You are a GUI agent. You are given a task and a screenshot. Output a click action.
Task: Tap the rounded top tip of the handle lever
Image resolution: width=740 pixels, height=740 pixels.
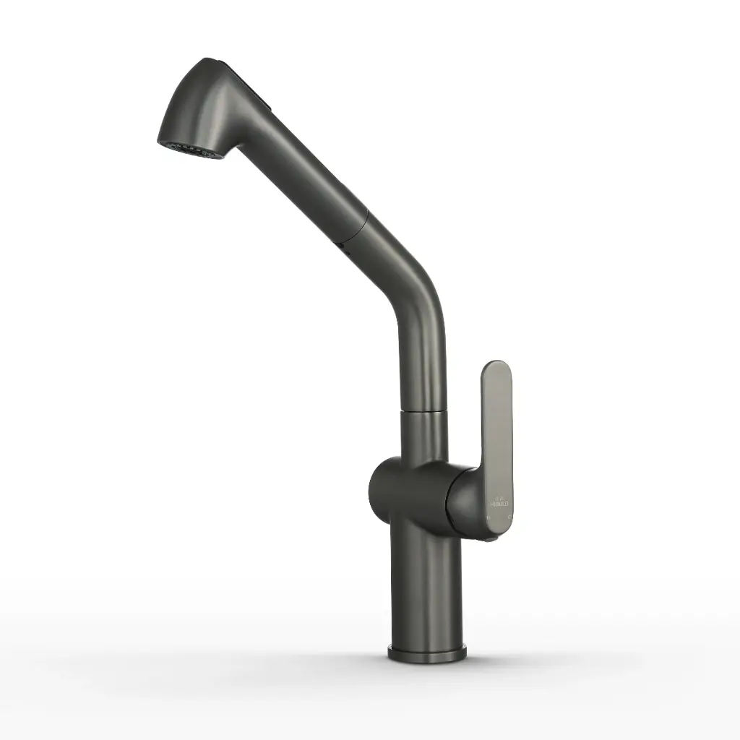[x=497, y=369]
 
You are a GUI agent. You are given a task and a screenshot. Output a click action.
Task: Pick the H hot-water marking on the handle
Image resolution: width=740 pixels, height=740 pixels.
[x=489, y=518]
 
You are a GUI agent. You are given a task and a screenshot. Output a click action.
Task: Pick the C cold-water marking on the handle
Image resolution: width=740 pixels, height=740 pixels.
[x=510, y=517]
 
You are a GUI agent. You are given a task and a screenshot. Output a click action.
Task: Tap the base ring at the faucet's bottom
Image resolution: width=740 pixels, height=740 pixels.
[x=426, y=655]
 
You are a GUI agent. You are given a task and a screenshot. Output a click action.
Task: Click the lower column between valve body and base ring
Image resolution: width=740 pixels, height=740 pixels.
[x=426, y=585]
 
